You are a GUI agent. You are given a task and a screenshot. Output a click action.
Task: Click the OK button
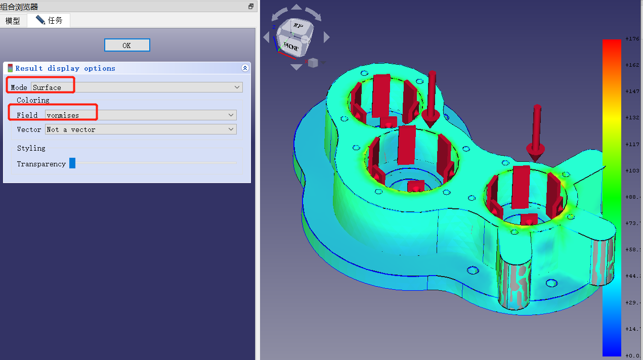[127, 46]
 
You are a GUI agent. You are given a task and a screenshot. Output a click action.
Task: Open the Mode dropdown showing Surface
[137, 87]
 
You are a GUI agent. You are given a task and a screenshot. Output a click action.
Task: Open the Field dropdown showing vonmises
[141, 115]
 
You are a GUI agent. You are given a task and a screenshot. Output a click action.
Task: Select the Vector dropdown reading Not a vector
[141, 129]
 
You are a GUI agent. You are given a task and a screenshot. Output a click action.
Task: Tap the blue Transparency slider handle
[72, 163]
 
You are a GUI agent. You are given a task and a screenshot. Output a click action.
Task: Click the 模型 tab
[13, 21]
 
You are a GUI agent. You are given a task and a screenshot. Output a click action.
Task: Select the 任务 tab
[50, 20]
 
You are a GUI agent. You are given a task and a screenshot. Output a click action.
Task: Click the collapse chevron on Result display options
[245, 68]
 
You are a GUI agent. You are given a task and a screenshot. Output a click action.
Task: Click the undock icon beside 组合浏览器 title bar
[250, 7]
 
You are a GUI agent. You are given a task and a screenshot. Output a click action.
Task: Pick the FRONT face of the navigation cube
[291, 46]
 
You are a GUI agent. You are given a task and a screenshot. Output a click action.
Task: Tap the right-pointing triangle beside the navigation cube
[326, 37]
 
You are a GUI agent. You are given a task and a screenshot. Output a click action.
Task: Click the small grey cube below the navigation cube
[313, 63]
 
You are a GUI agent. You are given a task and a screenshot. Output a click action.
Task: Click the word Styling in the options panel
[31, 148]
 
